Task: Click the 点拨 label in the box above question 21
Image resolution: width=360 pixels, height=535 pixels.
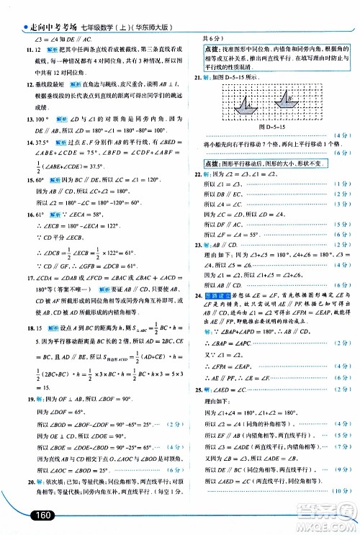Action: (203, 48)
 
